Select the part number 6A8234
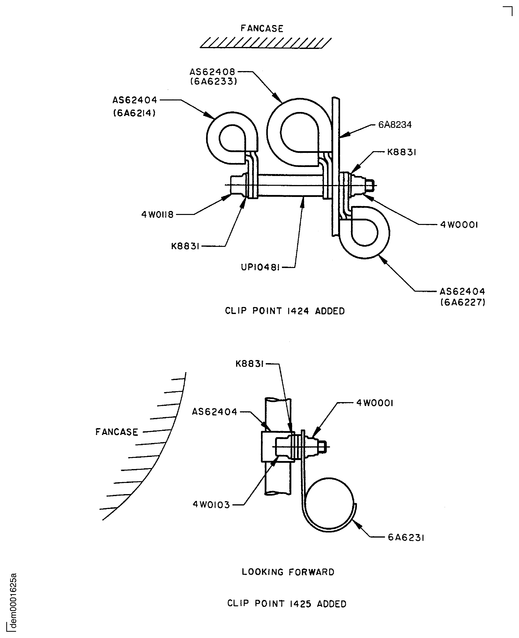click(395, 125)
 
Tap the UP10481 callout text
click(260, 267)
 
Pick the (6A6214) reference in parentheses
click(134, 113)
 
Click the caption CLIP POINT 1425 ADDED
click(287, 604)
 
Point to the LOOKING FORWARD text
click(288, 572)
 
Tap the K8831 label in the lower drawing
click(249, 364)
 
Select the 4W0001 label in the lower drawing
click(375, 403)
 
